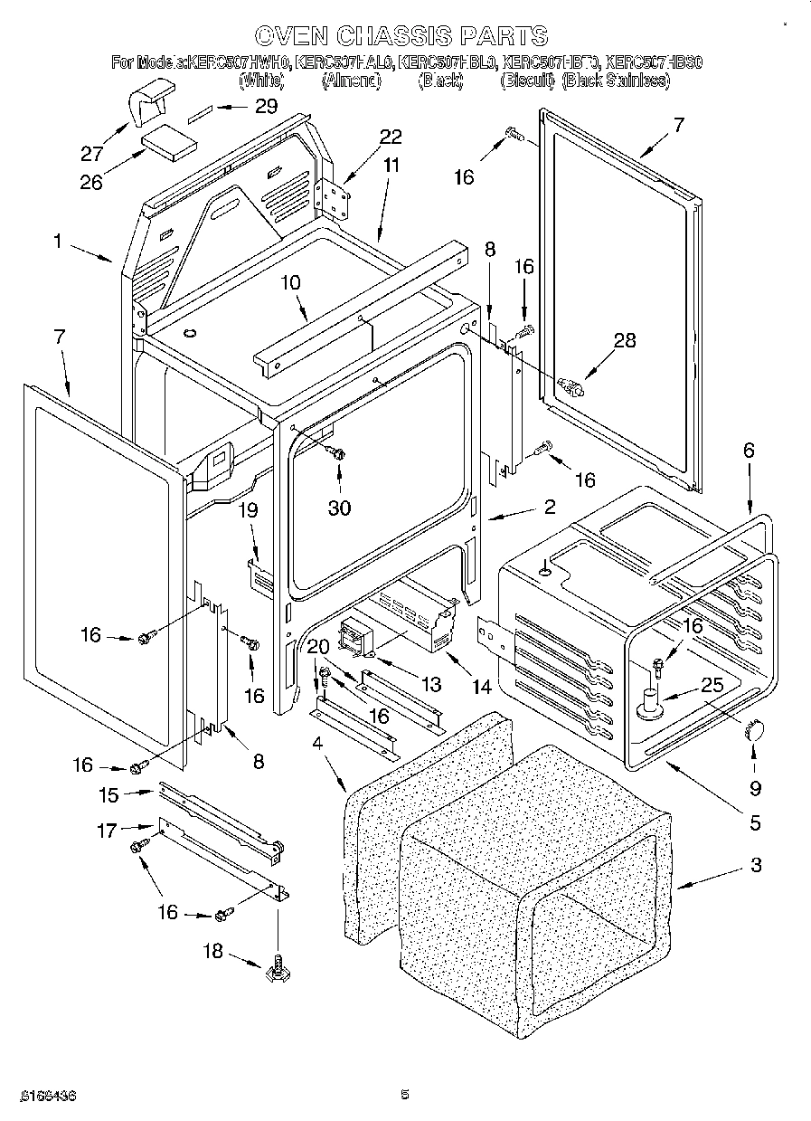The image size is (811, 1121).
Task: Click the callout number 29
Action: coord(265,107)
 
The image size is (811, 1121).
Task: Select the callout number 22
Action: coord(390,137)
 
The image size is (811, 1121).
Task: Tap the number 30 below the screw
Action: coord(339,508)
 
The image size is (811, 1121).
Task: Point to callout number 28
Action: coord(624,340)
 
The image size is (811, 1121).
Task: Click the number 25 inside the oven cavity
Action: coord(712,686)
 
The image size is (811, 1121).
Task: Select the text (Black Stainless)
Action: coord(616,81)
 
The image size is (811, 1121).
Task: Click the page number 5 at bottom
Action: coord(405,1094)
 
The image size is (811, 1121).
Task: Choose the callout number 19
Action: coord(248,510)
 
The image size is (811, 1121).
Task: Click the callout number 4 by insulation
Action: coord(317,744)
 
